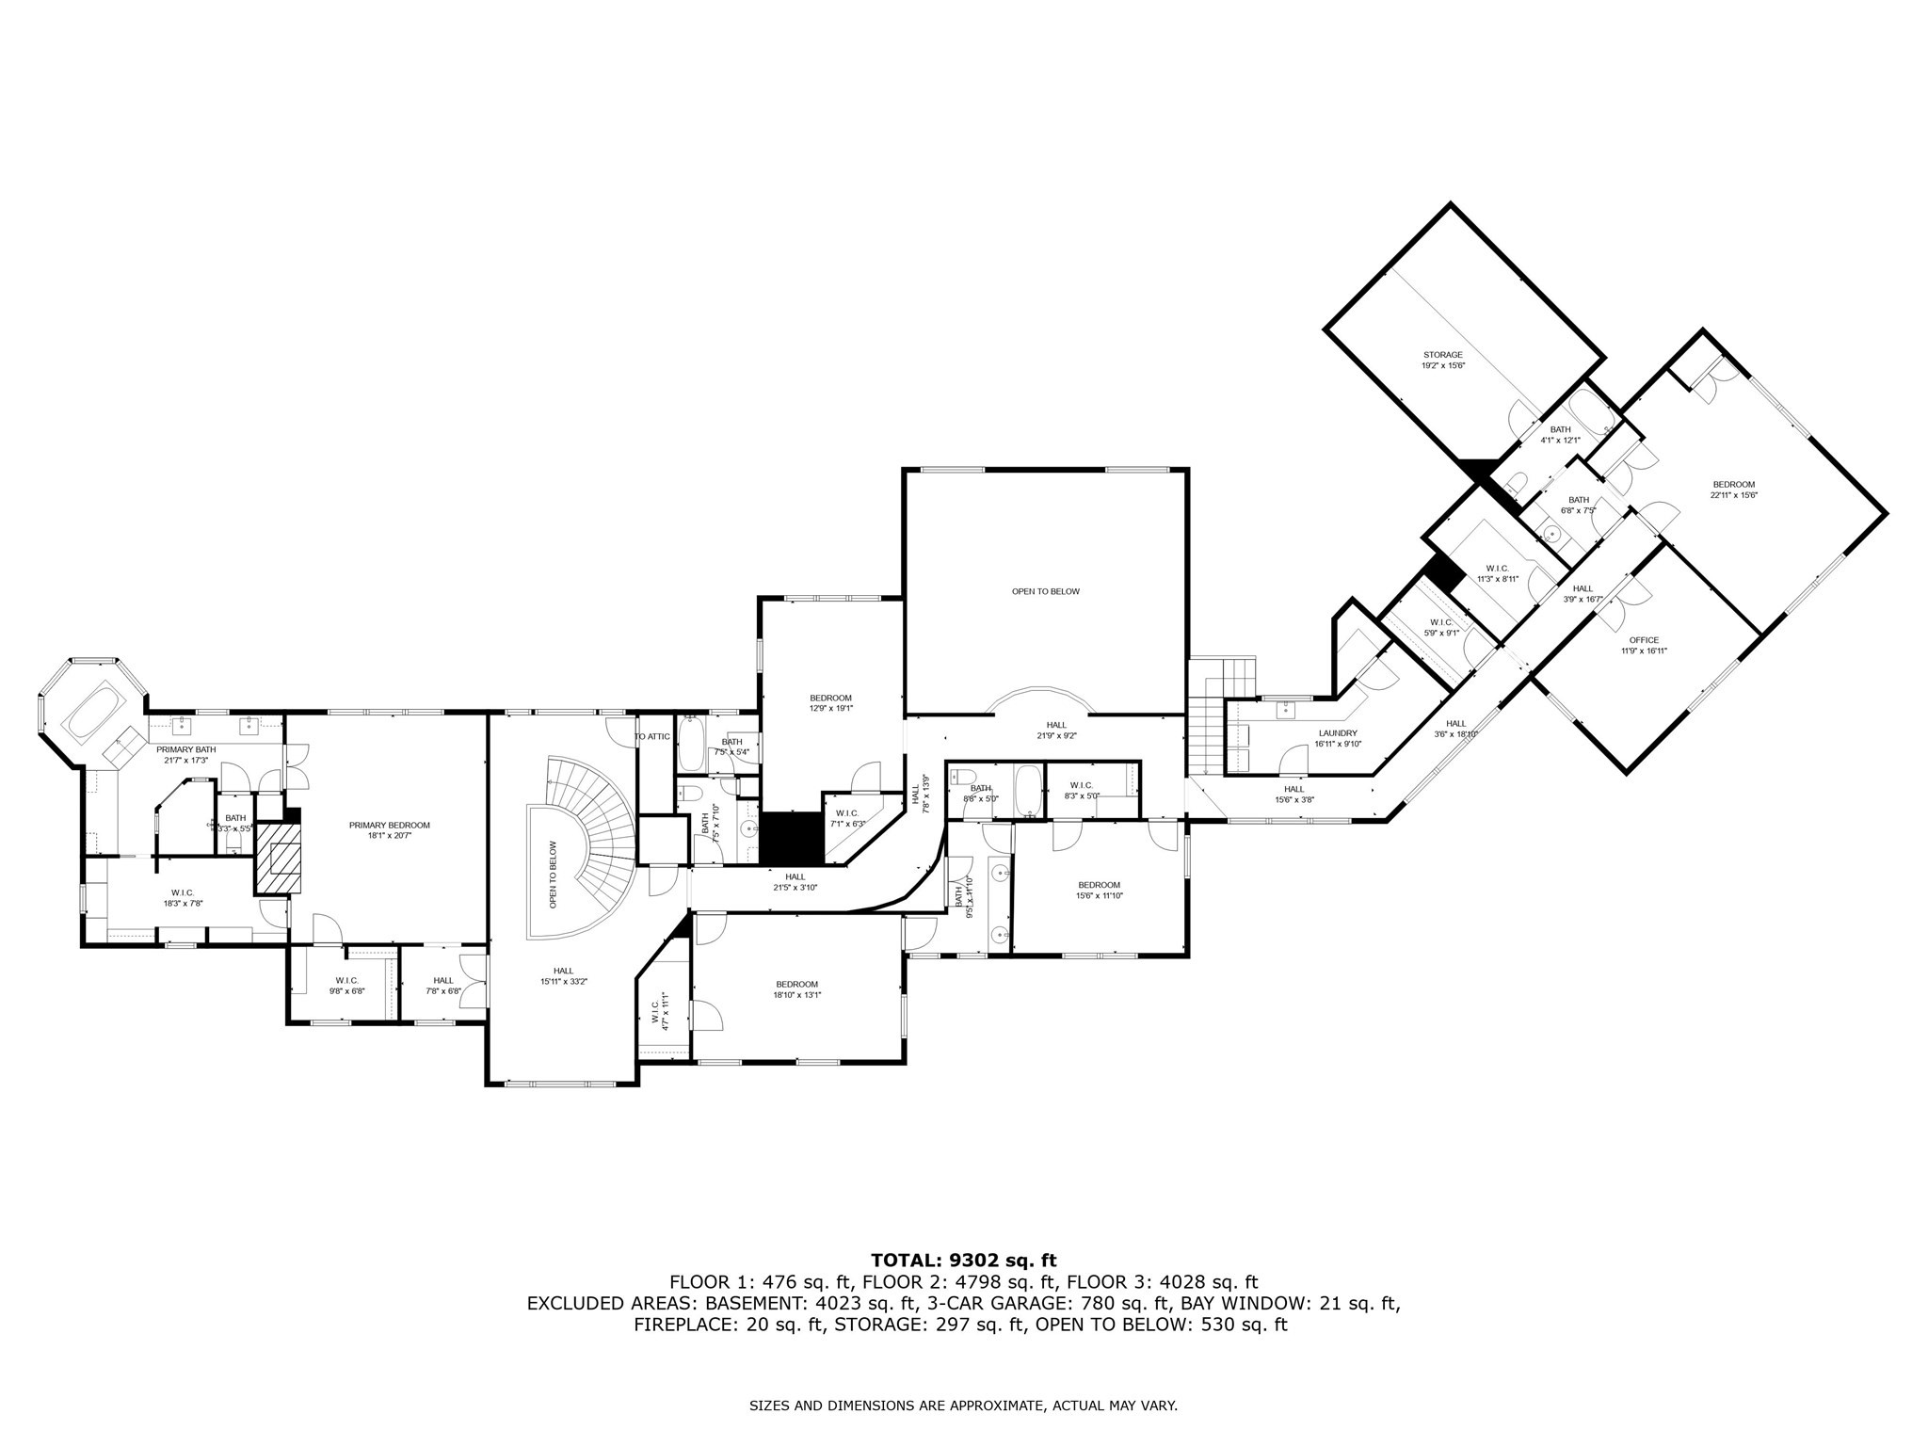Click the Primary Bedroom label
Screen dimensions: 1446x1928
coord(389,826)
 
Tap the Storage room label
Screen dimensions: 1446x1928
coord(1442,355)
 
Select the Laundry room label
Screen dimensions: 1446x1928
coord(1337,733)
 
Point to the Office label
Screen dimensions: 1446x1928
coord(1644,640)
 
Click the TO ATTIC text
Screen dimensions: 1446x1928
coord(651,736)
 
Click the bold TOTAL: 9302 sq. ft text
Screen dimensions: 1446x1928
coord(963,1261)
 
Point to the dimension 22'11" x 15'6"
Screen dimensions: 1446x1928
coord(1734,495)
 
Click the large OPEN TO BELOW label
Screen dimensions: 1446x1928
coord(1045,592)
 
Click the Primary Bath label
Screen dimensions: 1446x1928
coord(185,749)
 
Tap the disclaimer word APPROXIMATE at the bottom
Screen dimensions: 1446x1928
coord(998,1406)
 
